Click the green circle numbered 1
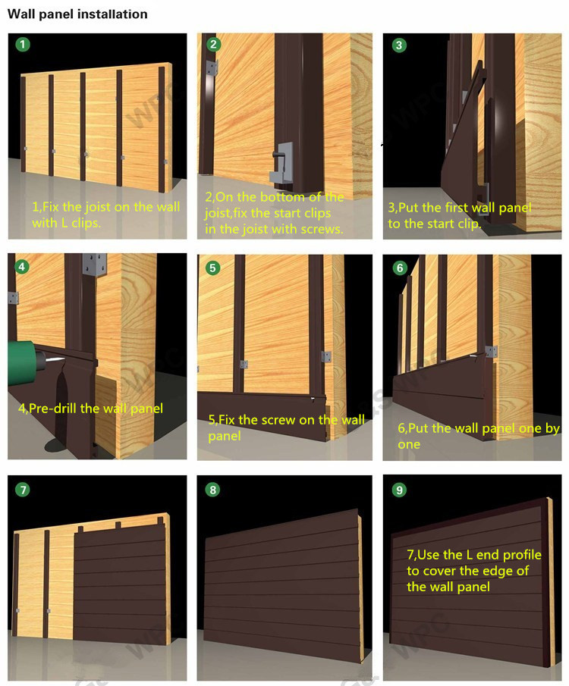coord(24,45)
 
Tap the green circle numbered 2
coord(213,45)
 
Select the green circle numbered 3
coord(399,45)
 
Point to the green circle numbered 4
coord(24,267)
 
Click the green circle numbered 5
coord(213,267)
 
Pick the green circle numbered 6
coord(400,268)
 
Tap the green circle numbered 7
coord(24,490)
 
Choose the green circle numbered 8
coord(213,490)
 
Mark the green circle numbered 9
coord(400,490)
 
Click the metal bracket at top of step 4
coord(94,266)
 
